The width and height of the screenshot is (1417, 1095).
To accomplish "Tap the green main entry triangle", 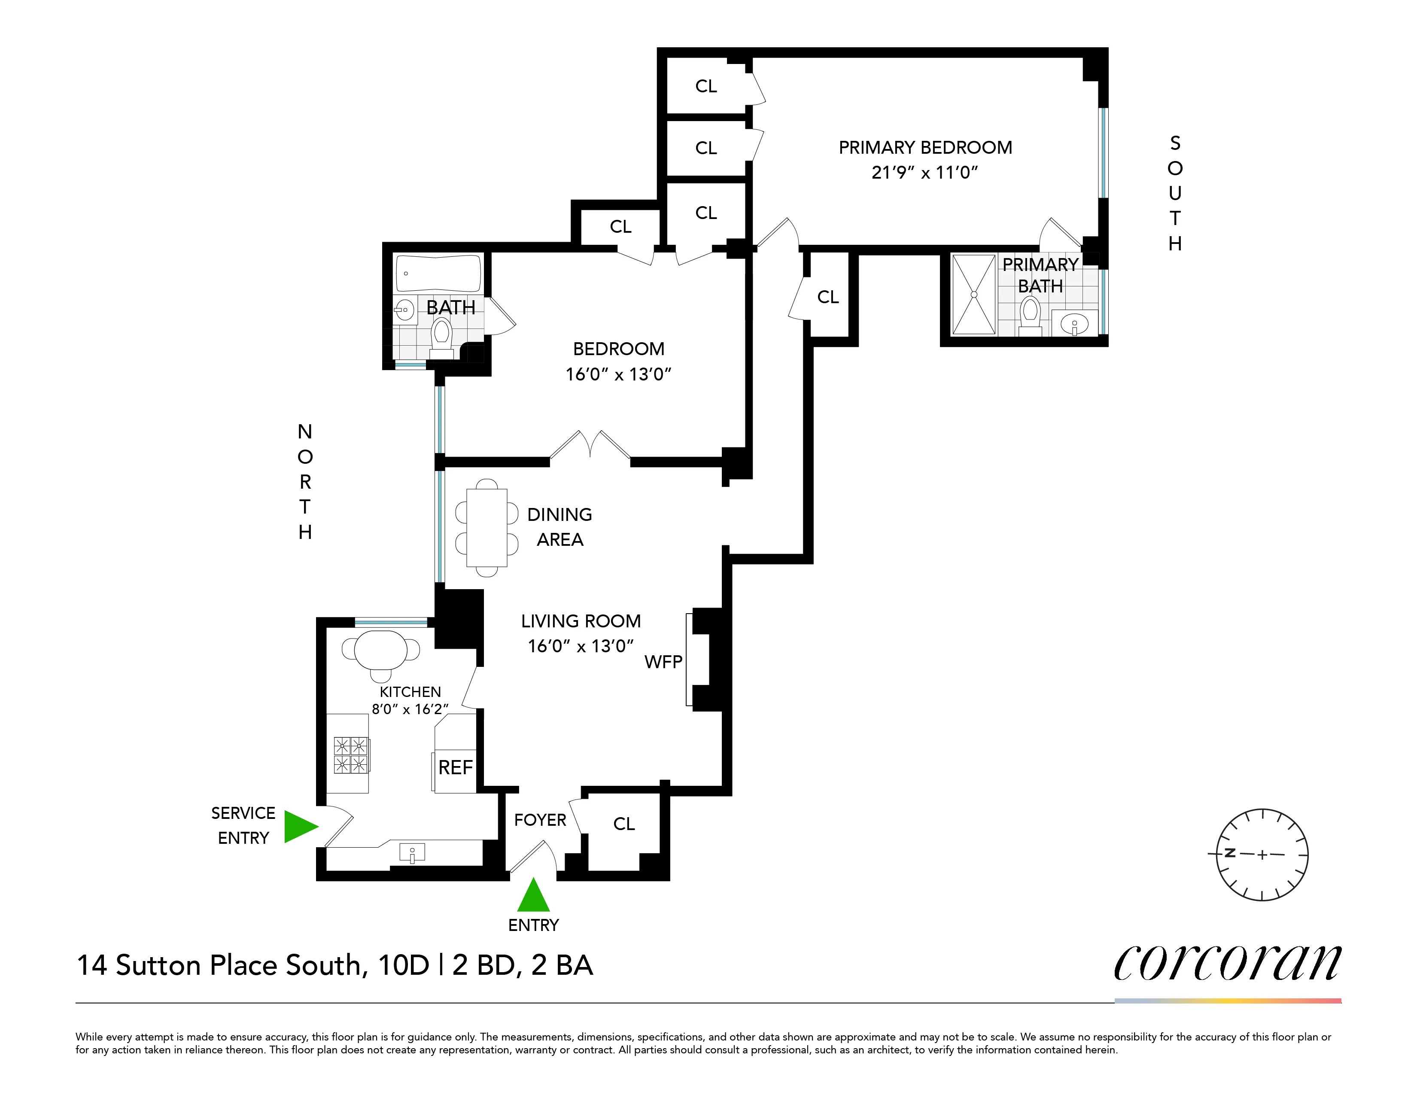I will pyautogui.click(x=533, y=897).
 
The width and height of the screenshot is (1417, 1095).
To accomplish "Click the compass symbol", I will pyautogui.click(x=1262, y=855).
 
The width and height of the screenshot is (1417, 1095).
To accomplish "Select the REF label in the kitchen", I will pyautogui.click(x=456, y=767).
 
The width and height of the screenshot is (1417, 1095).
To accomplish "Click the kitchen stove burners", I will pyautogui.click(x=350, y=754).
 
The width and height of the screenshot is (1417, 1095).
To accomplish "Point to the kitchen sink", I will pyautogui.click(x=412, y=852).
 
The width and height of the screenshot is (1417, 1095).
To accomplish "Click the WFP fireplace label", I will pyautogui.click(x=663, y=662).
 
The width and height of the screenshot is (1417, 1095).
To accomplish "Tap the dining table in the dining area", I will pyautogui.click(x=487, y=527).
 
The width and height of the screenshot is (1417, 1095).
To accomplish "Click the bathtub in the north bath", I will pyautogui.click(x=438, y=273).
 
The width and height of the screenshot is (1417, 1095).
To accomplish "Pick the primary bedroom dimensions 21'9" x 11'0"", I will pyautogui.click(x=924, y=173).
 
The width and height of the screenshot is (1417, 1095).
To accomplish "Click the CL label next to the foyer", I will pyautogui.click(x=623, y=824).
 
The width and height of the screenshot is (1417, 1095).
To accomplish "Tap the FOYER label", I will pyautogui.click(x=540, y=820).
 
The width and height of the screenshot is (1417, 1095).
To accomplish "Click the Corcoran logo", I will pyautogui.click(x=1227, y=963).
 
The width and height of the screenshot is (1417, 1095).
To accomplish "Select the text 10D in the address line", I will pyautogui.click(x=404, y=965).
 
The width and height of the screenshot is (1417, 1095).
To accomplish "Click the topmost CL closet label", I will pyautogui.click(x=706, y=86).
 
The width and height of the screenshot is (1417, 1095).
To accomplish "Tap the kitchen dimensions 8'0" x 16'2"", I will pyautogui.click(x=410, y=709).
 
